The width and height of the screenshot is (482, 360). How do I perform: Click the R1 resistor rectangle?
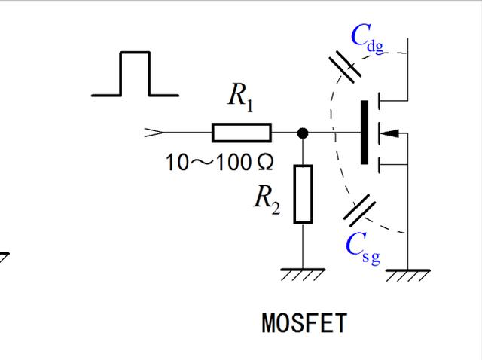coord(241,133)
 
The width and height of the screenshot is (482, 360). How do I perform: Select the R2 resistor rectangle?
coord(303,194)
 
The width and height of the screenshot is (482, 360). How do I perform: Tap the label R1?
coord(240,98)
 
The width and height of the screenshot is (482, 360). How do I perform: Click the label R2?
coord(267,199)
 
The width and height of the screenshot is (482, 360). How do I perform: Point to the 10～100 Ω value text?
coord(219,162)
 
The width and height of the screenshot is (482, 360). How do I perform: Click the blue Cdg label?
coord(367,38)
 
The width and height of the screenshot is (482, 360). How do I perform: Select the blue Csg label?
coord(362,246)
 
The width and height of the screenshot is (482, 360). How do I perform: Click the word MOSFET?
coord(304,323)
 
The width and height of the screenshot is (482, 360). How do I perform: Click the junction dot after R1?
coord(303,133)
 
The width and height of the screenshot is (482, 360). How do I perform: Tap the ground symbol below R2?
coord(303,275)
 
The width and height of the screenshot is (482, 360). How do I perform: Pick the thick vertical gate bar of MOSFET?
coord(365,133)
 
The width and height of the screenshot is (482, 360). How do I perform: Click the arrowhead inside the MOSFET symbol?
coord(389,133)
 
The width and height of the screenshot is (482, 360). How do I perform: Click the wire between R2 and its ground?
coord(303,246)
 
